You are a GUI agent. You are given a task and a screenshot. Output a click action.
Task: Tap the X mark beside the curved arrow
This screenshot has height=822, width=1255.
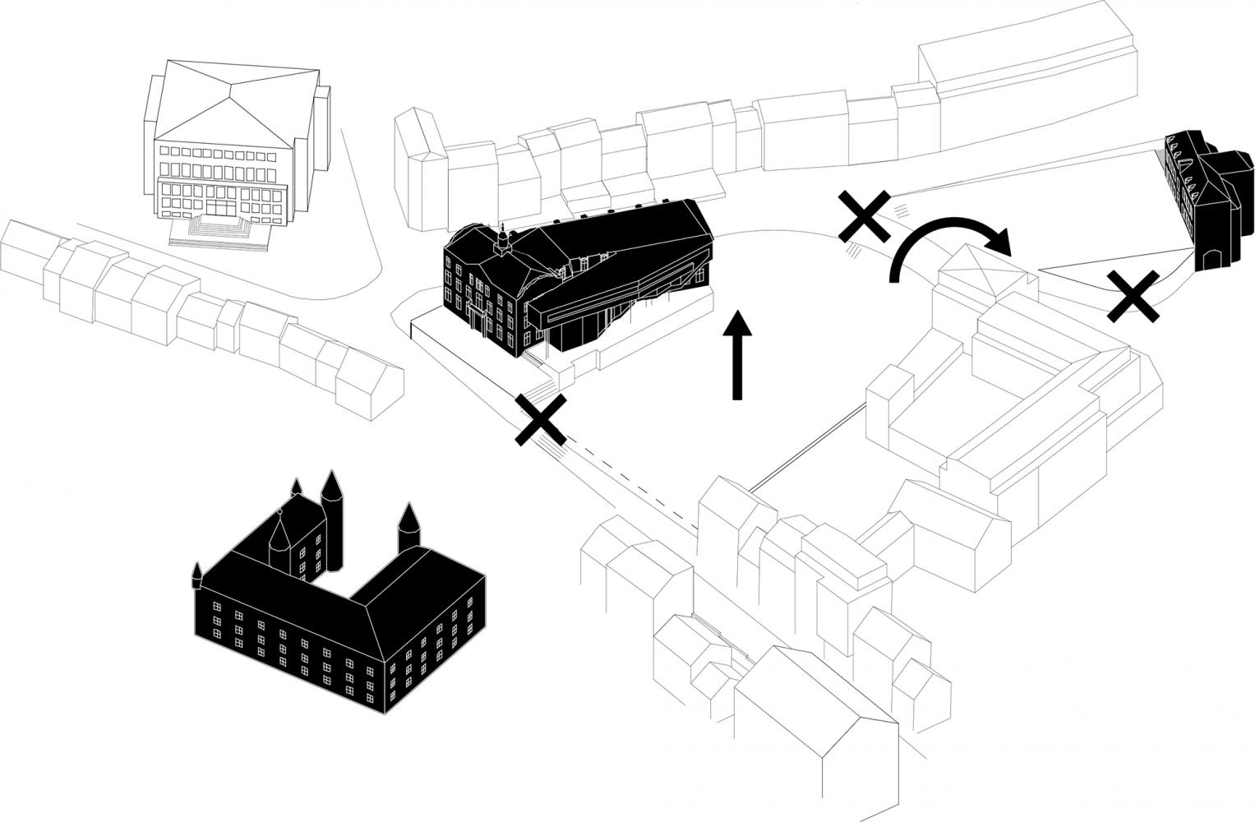tap(864, 215)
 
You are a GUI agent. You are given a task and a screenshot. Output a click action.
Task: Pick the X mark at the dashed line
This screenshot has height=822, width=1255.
tap(540, 420)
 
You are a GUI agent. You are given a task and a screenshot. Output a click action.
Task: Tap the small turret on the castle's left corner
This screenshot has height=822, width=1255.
tap(197, 575)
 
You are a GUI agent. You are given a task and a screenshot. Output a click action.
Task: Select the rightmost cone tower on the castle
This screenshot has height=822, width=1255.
tap(409, 526)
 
